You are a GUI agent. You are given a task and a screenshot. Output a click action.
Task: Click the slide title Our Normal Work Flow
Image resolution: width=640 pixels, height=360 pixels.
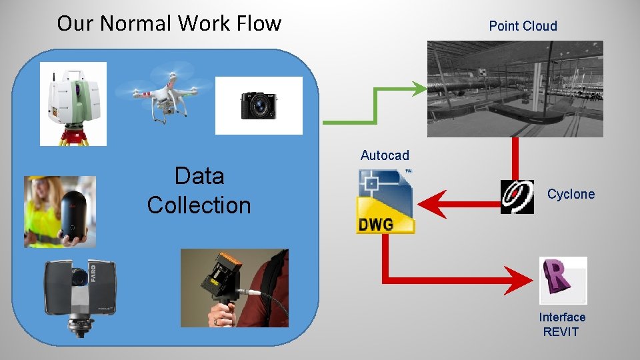(169, 23)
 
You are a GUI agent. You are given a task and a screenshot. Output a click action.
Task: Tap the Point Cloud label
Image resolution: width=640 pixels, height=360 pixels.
(523, 26)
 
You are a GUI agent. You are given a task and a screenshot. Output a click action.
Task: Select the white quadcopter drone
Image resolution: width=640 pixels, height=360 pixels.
(164, 94)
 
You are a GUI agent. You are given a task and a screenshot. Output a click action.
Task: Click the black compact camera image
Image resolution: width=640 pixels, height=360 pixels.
(259, 105)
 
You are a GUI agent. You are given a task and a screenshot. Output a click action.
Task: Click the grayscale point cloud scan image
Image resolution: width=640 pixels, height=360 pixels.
(515, 89)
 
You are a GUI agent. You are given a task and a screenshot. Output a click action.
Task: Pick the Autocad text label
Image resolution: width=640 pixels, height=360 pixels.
(385, 155)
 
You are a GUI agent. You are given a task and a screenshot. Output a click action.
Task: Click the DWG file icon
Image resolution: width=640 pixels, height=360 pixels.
(385, 201)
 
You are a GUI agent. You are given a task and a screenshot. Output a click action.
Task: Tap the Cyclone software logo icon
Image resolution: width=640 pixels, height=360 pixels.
(517, 197)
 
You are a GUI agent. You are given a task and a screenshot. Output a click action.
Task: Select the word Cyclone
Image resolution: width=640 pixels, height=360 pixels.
(571, 194)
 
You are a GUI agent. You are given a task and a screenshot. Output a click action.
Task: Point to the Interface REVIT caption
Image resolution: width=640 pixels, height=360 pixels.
(562, 325)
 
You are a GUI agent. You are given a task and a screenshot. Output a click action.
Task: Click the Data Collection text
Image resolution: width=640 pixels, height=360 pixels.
(199, 191)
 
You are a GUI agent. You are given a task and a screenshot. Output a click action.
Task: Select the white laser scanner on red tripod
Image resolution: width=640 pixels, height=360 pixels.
(73, 103)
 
